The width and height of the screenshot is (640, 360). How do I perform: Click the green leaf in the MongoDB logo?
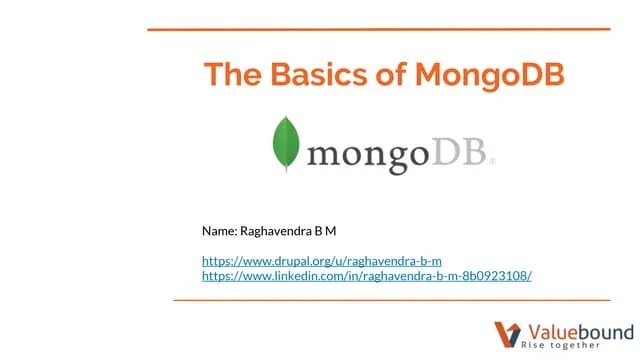pos(287,145)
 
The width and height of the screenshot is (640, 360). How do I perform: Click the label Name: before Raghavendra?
pos(219,231)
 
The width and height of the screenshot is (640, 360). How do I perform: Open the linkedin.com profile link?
pos(366,274)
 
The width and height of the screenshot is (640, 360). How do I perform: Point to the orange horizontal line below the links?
pos(391,299)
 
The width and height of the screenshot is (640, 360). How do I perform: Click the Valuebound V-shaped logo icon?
pos(508,333)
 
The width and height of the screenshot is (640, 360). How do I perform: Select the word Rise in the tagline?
pos(537,345)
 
